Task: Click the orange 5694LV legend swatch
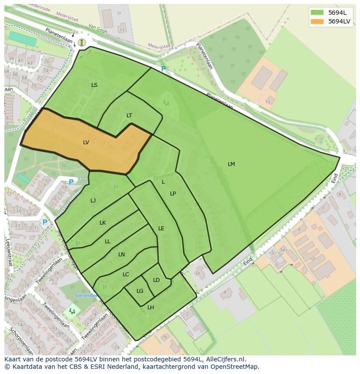317,21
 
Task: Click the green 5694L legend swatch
317,13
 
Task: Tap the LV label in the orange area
86,142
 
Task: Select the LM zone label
231,164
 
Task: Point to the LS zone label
94,85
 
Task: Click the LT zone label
129,116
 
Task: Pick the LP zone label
173,194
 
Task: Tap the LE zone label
161,228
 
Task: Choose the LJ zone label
93,201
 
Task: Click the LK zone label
103,223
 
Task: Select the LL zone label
107,242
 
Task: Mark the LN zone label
122,255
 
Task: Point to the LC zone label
126,275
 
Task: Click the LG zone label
140,291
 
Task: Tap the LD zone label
156,280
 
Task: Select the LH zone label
150,308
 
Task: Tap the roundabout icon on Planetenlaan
82,42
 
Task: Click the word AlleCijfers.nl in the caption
225,359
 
